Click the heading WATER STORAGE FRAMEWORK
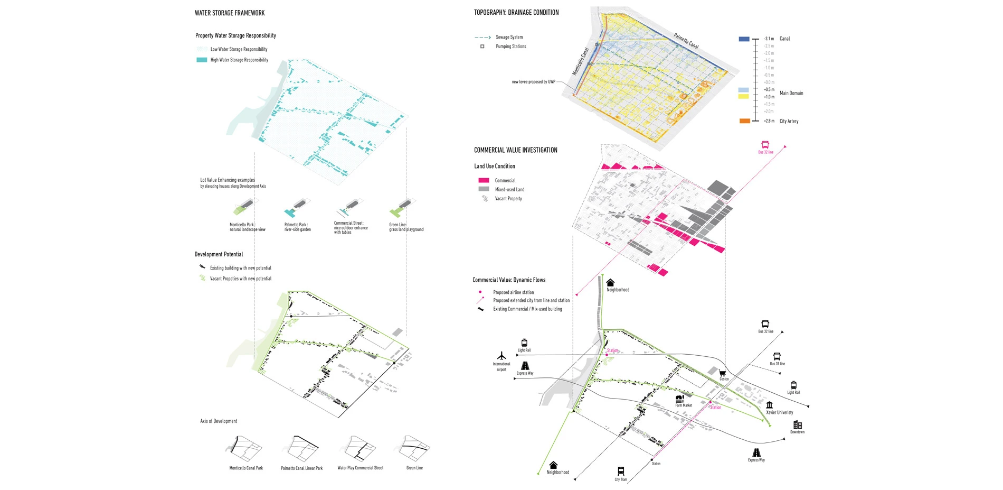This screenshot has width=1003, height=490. click(x=230, y=13)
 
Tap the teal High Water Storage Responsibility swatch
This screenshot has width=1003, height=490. click(x=202, y=60)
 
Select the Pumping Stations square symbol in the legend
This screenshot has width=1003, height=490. click(x=482, y=47)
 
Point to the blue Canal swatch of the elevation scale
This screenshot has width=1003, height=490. click(x=744, y=39)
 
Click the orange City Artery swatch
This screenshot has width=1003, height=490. click(x=744, y=121)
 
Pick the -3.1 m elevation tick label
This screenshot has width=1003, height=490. click(x=769, y=39)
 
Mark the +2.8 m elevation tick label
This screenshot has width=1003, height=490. click(x=769, y=121)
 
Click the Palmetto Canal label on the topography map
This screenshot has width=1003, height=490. click(x=686, y=41)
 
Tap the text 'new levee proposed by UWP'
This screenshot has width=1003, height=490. click(x=533, y=82)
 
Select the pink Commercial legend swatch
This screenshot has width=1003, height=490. click(x=484, y=180)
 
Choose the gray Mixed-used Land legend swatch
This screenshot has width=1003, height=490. click(x=484, y=189)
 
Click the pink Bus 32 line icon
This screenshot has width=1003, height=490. click(x=765, y=145)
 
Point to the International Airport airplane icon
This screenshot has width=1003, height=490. click(x=502, y=356)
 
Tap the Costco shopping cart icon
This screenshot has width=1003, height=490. click(x=722, y=373)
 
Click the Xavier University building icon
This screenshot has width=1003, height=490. click(x=769, y=405)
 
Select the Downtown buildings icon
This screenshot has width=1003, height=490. click(x=797, y=425)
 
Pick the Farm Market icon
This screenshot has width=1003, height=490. click(x=680, y=399)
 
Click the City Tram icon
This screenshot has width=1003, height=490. click(x=621, y=471)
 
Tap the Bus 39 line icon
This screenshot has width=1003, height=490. click(x=777, y=357)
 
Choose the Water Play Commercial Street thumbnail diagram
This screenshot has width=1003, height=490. click(x=360, y=449)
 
